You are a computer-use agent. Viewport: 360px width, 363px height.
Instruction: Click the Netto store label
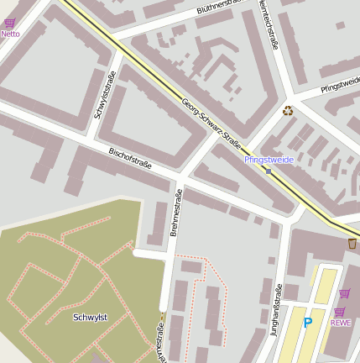point(10,34)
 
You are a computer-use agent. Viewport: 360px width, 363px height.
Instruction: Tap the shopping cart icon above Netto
point(10,23)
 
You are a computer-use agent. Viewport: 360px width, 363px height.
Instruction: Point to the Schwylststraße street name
point(105,96)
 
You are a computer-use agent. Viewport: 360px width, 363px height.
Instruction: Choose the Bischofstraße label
point(130,157)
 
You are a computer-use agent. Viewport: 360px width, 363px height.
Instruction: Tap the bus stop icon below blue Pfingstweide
point(268,170)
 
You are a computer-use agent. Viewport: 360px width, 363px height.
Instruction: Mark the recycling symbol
point(288,110)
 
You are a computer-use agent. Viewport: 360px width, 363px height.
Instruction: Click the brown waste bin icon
point(352,243)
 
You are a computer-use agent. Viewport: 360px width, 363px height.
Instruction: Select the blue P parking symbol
point(307,322)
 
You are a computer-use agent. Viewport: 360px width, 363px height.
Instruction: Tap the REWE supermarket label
point(340,322)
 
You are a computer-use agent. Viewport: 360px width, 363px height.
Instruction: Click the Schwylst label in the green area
point(89,317)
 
